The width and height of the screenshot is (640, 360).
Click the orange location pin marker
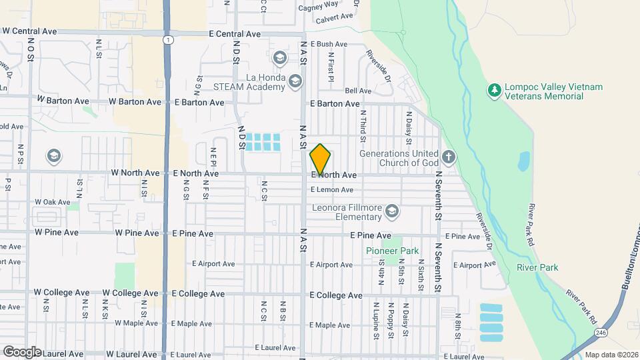(x=320, y=159)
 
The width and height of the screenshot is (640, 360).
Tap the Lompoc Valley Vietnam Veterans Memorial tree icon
(x=494, y=89)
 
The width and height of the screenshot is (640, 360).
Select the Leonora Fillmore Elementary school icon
(x=392, y=212)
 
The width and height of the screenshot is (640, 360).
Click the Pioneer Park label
(x=393, y=251)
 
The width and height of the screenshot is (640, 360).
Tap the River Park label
(x=537, y=267)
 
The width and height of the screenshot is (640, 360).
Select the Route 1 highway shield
(x=167, y=40)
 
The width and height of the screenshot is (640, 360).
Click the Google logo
(x=22, y=351)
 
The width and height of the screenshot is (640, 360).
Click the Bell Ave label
(x=358, y=91)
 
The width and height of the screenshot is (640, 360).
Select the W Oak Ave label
(x=52, y=201)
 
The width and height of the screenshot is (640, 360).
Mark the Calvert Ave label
(x=333, y=19)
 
